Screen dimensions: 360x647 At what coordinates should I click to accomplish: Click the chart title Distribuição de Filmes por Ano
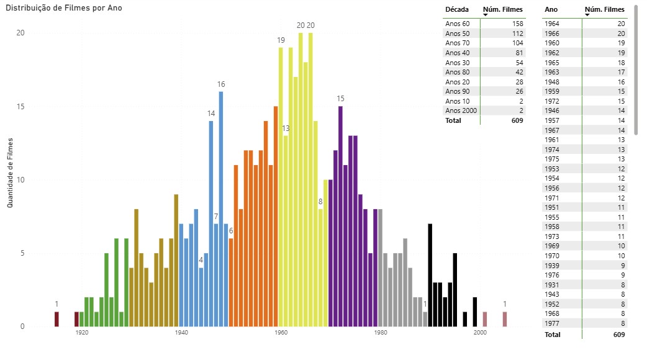point(64,8)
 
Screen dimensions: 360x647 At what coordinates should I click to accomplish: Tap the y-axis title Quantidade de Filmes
point(11,174)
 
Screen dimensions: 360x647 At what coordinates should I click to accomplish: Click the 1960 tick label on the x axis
point(281,333)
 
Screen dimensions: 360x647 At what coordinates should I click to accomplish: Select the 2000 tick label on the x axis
point(480,333)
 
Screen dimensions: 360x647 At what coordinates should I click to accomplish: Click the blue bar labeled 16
point(221,209)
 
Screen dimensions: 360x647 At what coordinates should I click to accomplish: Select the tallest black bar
point(430,275)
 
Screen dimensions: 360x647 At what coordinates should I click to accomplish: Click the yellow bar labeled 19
point(281,186)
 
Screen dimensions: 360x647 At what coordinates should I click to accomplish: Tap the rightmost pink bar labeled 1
point(505,319)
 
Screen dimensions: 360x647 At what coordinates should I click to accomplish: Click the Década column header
point(456,9)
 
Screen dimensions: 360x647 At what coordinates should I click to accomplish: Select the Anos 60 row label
point(458,24)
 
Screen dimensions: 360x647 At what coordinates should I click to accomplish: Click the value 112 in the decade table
point(517,34)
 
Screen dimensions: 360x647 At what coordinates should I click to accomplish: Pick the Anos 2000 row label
point(460,110)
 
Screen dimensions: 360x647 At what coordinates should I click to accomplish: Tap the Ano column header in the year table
point(551,9)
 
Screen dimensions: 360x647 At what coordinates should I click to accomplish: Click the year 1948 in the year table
point(552,82)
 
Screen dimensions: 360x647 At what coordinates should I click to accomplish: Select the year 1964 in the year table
point(552,24)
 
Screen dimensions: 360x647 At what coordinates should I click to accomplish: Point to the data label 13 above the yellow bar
point(286,128)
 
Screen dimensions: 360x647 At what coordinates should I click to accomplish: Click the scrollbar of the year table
point(635,69)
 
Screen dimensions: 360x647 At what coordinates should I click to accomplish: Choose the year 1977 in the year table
point(552,323)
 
